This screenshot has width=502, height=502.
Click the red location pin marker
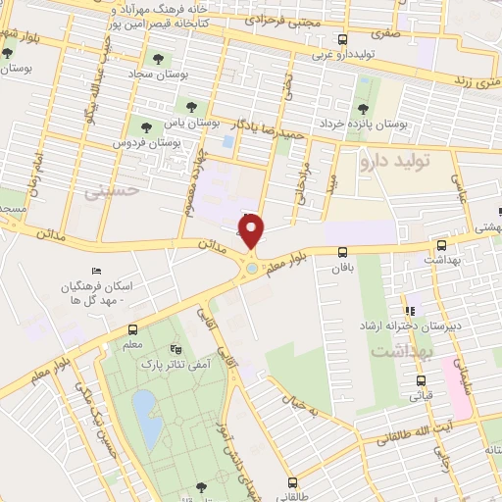pyautogui.click(x=252, y=231)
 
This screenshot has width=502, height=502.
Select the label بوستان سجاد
pyautogui.click(x=150, y=73)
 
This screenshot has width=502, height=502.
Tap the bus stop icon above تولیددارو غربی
pyautogui.click(x=341, y=40)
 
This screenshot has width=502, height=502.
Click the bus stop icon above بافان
pyautogui.click(x=341, y=252)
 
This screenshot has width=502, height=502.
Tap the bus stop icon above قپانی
pyautogui.click(x=421, y=380)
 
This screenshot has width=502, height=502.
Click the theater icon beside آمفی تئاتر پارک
pyautogui.click(x=176, y=349)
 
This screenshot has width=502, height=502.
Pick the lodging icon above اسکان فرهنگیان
pyautogui.click(x=95, y=271)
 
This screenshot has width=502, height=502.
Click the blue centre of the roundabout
pyautogui.click(x=252, y=267)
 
